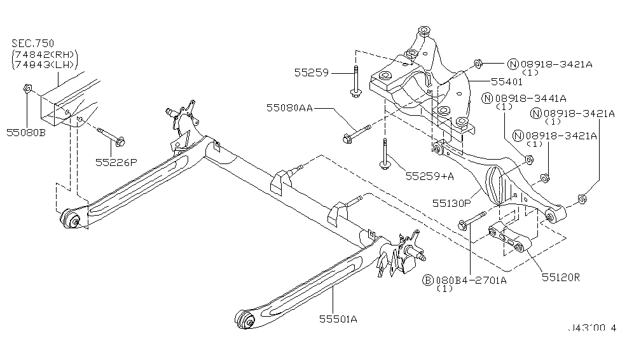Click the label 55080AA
pyautogui.click(x=289, y=109)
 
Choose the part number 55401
pyautogui.click(x=506, y=81)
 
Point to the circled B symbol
pyautogui.click(x=429, y=280)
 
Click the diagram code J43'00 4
pyautogui.click(x=591, y=328)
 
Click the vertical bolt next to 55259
pyautogui.click(x=354, y=81)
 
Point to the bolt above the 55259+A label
pyautogui.click(x=385, y=153)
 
